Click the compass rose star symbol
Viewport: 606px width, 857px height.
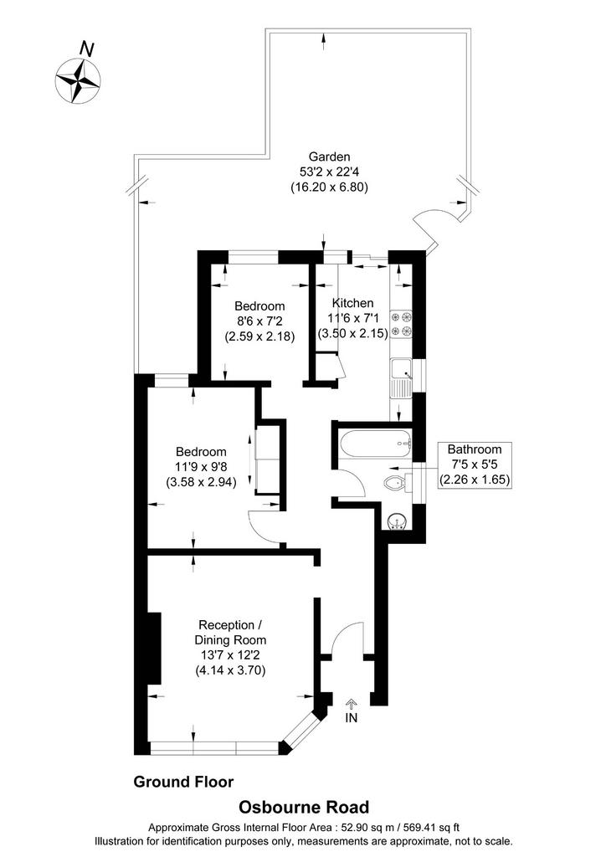pyautogui.click(x=78, y=80)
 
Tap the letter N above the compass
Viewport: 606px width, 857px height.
pyautogui.click(x=85, y=49)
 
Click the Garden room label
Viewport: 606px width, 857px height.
pyautogui.click(x=329, y=157)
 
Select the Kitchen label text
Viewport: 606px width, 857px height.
pyautogui.click(x=353, y=303)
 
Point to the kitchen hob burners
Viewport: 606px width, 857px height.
pyautogui.click(x=402, y=324)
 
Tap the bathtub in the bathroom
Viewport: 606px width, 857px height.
pyautogui.click(x=375, y=443)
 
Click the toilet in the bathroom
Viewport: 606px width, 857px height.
pyautogui.click(x=397, y=483)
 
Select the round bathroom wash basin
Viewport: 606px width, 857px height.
pyautogui.click(x=396, y=522)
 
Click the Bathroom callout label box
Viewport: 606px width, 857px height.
pyautogui.click(x=475, y=464)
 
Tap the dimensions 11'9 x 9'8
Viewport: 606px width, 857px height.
pyautogui.click(x=201, y=467)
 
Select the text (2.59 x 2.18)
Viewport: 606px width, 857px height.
pyautogui.click(x=259, y=336)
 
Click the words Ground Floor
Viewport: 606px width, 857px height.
pyautogui.click(x=183, y=783)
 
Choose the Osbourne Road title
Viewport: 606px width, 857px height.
pyautogui.click(x=304, y=808)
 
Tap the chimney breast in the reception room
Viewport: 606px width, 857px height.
pyautogui.click(x=154, y=649)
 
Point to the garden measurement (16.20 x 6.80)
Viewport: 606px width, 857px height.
pyautogui.click(x=329, y=187)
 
